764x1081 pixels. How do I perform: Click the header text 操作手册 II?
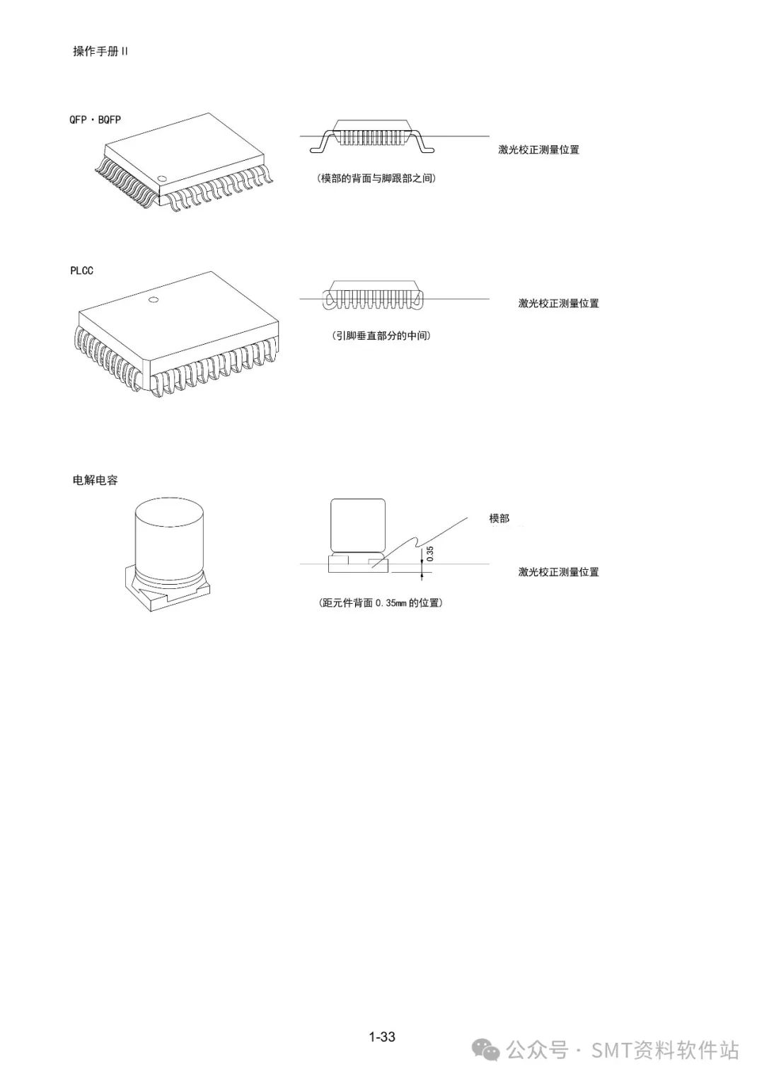point(100,51)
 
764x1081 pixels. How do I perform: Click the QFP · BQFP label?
point(95,120)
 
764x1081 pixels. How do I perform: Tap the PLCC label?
point(81,270)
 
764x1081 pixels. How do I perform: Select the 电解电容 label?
point(95,480)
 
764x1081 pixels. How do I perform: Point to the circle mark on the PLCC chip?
point(154,300)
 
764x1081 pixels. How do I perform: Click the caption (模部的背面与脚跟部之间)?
point(376,178)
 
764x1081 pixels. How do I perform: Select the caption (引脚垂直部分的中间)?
point(381,336)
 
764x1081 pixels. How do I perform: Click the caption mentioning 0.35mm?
point(381,602)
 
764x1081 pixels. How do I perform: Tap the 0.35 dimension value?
point(430,554)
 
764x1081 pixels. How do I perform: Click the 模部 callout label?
point(499,518)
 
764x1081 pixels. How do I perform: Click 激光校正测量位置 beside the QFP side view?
point(539,150)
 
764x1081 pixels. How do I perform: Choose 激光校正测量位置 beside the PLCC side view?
point(559,304)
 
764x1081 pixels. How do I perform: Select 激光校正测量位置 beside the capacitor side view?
point(559,572)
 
